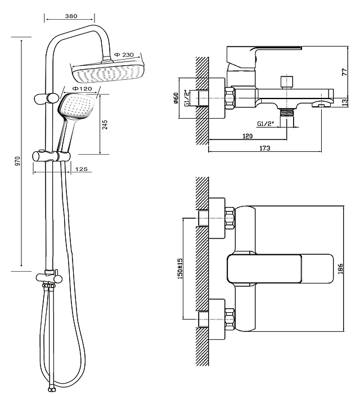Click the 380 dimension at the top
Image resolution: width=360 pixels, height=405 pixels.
coord(70,17)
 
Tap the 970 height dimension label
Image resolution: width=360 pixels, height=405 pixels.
coord(18,161)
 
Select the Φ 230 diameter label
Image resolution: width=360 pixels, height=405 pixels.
coord(124,55)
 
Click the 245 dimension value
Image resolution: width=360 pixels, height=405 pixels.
coord(105,125)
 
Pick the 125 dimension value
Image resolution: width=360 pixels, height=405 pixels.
coord(81,169)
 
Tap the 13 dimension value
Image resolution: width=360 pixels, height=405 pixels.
coord(345,103)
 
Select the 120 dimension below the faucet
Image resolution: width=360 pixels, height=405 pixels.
coord(247,136)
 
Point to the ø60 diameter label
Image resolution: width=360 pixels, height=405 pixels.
coord(175,98)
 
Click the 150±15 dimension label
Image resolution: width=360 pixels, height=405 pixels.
coord(180,269)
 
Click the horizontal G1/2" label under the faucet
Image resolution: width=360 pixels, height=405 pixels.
coord(266,123)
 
